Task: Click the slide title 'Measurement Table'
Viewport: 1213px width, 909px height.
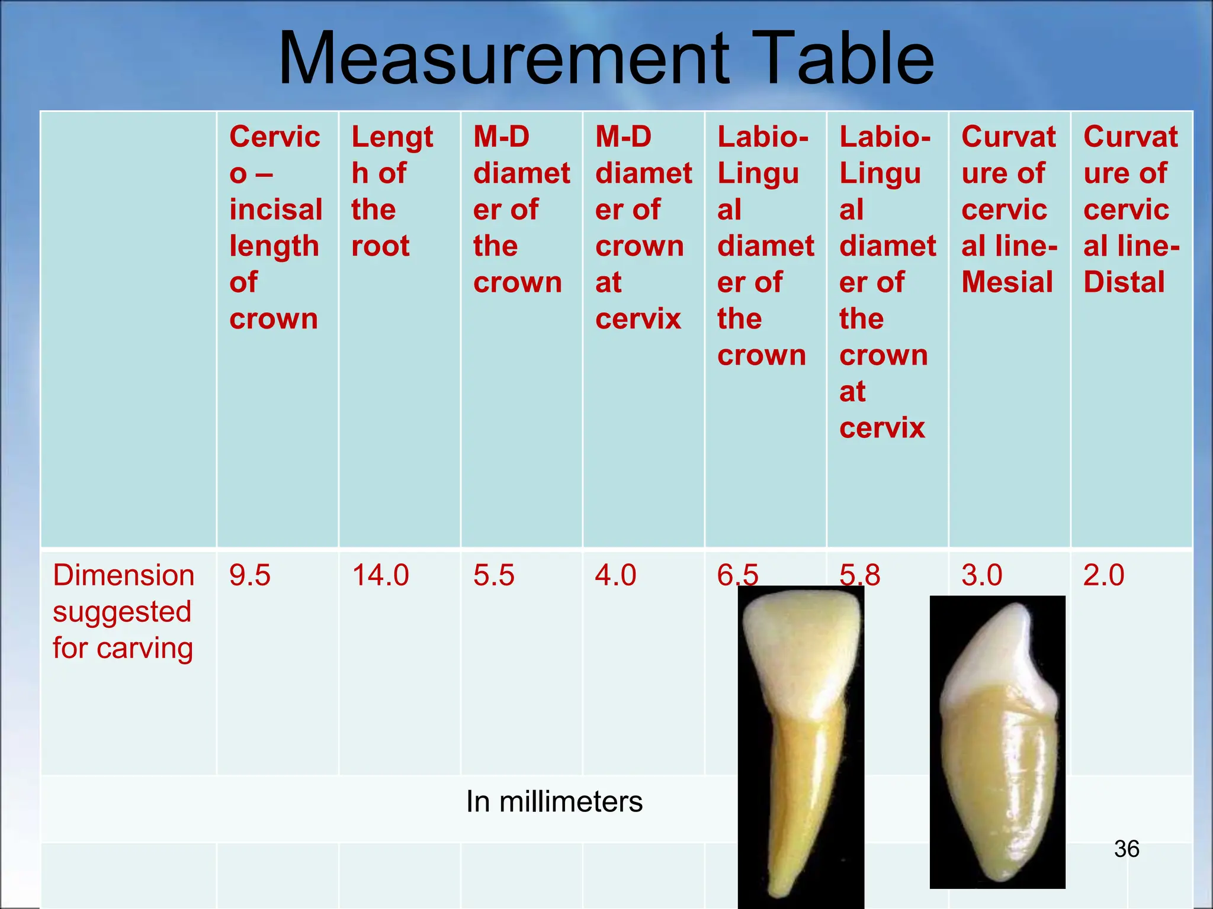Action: pyautogui.click(x=605, y=59)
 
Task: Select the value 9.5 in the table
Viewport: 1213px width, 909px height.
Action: pyautogui.click(x=250, y=575)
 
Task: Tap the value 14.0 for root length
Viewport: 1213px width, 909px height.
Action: pyautogui.click(x=380, y=575)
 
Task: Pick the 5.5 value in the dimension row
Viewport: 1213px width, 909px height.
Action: pyautogui.click(x=494, y=575)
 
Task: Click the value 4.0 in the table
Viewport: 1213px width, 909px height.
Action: pyautogui.click(x=616, y=575)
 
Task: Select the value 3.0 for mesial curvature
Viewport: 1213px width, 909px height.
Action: pyautogui.click(x=982, y=575)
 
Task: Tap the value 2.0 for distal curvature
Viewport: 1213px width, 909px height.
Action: pyautogui.click(x=1104, y=575)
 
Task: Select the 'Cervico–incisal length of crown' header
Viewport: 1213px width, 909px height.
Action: pyautogui.click(x=275, y=227)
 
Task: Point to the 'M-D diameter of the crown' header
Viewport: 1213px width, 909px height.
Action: pyautogui.click(x=520, y=209)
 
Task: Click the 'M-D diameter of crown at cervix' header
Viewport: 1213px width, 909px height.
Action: pyautogui.click(x=643, y=227)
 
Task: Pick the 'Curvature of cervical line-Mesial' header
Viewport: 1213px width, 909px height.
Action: pyautogui.click(x=1009, y=209)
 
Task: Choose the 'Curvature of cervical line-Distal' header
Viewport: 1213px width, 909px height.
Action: pyautogui.click(x=1131, y=209)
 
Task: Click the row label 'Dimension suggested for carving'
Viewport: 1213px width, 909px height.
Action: pyautogui.click(x=123, y=611)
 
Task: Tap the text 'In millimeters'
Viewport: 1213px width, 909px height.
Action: pyautogui.click(x=554, y=802)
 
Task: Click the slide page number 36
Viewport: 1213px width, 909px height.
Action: pyautogui.click(x=1127, y=849)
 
